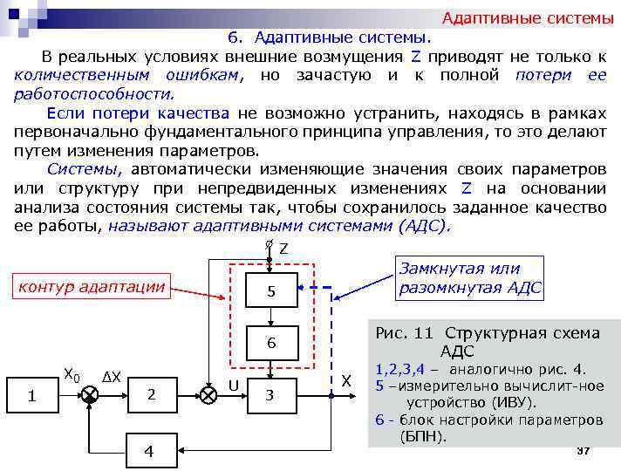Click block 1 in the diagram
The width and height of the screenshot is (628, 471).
31,395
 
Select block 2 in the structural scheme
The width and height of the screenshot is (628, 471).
151,394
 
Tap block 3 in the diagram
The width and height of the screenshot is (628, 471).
270,394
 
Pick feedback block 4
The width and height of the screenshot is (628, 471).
149,451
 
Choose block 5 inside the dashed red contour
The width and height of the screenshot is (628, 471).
270,291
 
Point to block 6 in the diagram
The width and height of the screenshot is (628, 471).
270,343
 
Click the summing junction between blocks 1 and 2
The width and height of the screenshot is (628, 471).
90,394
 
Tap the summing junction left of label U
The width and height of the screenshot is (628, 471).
208,394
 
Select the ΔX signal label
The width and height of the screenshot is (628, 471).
112,378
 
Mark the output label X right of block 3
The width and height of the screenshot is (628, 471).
346,381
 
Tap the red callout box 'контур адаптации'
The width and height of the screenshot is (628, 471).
92,285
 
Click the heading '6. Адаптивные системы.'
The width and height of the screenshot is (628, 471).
329,38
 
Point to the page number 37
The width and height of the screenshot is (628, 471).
584,449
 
